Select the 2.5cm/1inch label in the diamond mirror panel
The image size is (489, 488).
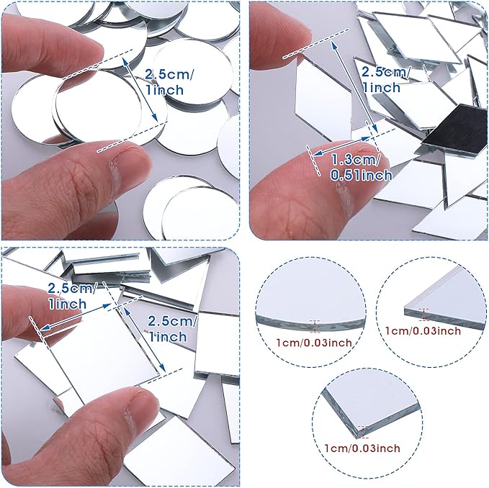[385, 79]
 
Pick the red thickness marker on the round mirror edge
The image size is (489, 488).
[314, 326]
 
